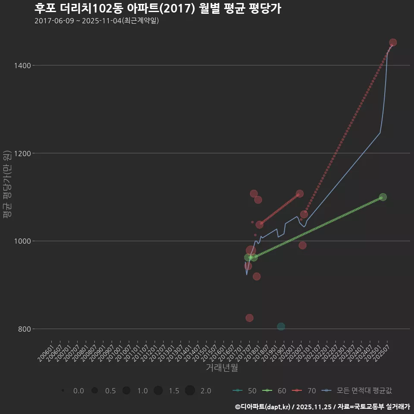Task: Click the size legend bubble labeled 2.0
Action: pos(190,391)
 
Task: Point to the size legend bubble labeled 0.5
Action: pos(94,391)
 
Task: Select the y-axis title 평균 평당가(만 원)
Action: pos(7,185)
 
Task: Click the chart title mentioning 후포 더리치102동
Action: pos(158,9)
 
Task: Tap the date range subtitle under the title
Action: pos(97,21)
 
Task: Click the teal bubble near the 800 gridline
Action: pos(281,326)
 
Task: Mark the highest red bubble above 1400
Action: pos(393,42)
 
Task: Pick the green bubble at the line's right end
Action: pos(383,197)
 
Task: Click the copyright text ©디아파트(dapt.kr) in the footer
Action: pos(263,407)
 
